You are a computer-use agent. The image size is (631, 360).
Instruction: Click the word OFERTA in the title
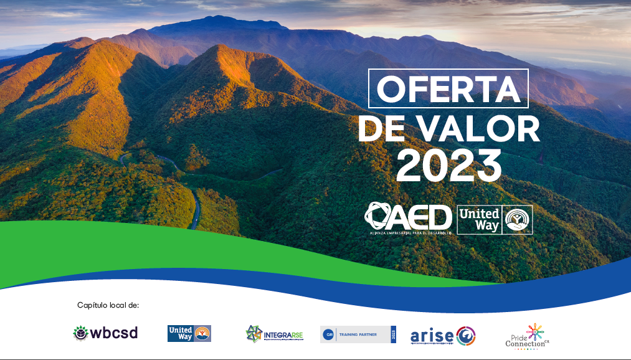tap(448, 89)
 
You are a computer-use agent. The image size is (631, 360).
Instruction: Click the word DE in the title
tap(383, 129)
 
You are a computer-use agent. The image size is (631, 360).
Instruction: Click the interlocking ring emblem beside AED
tap(377, 217)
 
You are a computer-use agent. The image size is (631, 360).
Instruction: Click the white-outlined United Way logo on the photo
tap(495, 219)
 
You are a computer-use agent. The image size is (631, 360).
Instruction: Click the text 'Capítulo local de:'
tap(108, 305)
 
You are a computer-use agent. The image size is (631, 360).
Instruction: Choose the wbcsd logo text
tap(114, 333)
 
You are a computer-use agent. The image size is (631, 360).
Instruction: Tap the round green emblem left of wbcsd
tap(81, 333)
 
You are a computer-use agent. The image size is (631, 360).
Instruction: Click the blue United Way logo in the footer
tap(189, 334)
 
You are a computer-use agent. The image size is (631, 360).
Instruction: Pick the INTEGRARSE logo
tap(275, 334)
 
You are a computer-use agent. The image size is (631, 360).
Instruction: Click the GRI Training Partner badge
tap(358, 334)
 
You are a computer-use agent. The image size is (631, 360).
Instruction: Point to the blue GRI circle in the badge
tap(328, 334)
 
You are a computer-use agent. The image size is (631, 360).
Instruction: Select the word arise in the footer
tap(432, 336)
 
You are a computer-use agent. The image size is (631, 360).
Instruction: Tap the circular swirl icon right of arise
tap(465, 336)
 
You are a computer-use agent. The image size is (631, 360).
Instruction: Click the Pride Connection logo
tap(527, 336)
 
